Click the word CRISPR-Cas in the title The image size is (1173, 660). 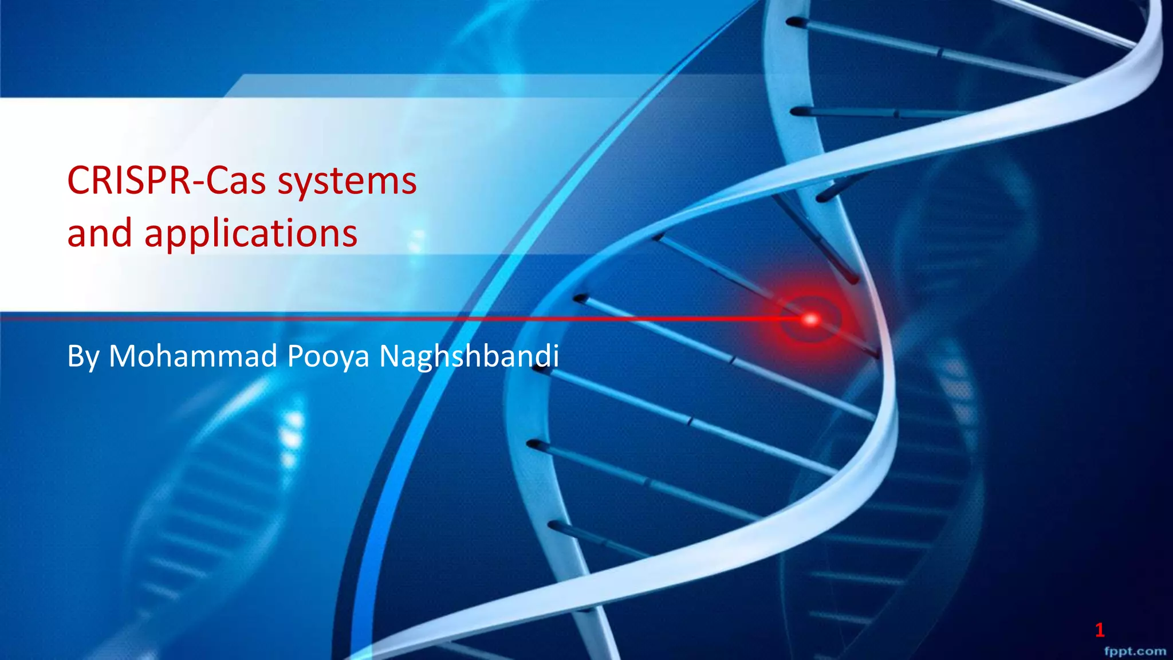[x=167, y=181]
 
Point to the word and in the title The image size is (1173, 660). [x=100, y=234]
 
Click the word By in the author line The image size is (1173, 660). [x=83, y=356]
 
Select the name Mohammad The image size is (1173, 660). [x=193, y=356]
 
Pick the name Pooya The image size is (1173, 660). [x=328, y=356]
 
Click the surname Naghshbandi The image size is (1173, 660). [x=469, y=356]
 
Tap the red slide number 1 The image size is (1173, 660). [x=1099, y=630]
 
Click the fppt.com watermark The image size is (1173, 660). [x=1135, y=651]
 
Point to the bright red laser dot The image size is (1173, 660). [x=810, y=319]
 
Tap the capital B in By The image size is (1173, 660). [x=74, y=356]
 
